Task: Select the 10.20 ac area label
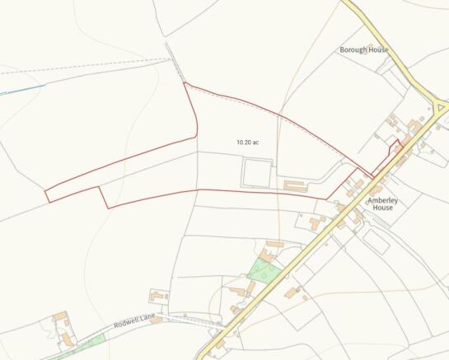point(247,143)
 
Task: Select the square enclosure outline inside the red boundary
point(256,173)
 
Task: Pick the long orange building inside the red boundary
point(296,185)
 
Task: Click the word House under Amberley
point(381,208)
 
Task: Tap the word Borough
point(353,49)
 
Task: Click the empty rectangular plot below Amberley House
point(376,241)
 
